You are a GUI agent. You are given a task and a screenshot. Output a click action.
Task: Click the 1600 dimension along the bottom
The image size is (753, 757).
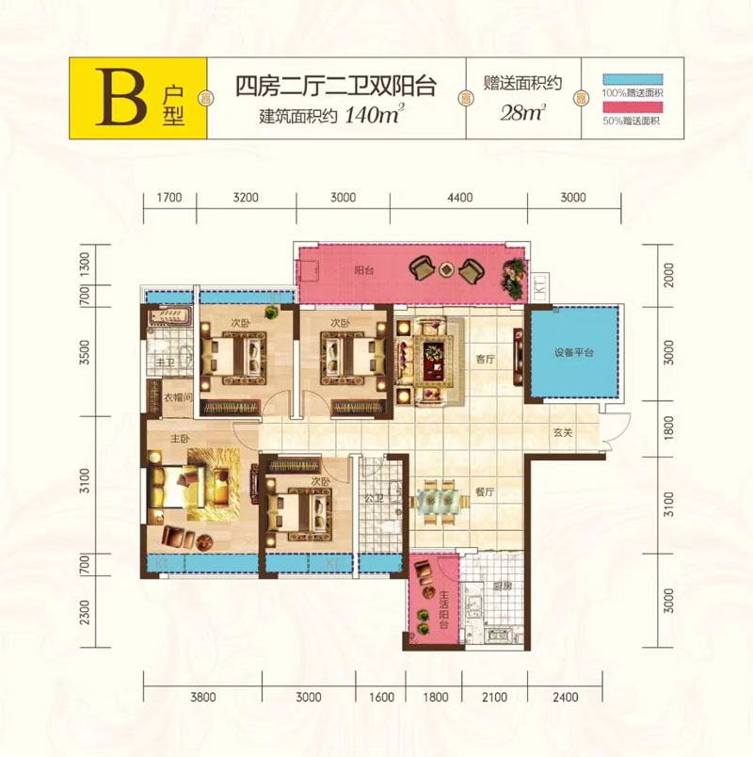pyautogui.click(x=381, y=698)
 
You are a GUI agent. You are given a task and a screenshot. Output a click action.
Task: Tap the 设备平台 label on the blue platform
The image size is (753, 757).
pyautogui.click(x=573, y=353)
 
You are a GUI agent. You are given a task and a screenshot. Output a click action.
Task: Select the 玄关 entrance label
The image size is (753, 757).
pyautogui.click(x=564, y=432)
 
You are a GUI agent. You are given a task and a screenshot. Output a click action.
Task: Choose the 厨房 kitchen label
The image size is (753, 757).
pyautogui.click(x=502, y=586)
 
